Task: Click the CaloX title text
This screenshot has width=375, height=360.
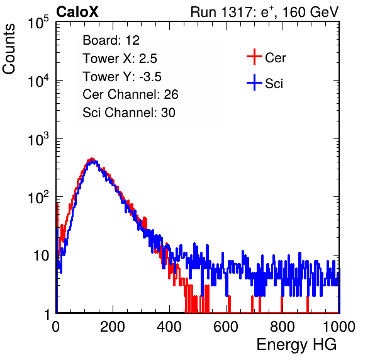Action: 77,12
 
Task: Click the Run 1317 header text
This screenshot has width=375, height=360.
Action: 264,12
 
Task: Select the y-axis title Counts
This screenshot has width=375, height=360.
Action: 9,49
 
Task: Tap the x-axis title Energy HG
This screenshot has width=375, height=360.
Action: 296,345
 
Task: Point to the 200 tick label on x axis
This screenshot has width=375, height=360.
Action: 113,327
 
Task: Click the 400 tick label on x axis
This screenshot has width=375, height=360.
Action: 169,327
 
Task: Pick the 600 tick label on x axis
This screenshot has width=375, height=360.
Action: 226,327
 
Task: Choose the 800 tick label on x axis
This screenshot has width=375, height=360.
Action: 283,327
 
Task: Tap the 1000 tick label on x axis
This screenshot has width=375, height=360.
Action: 339,327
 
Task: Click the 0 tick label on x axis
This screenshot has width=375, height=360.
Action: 56,327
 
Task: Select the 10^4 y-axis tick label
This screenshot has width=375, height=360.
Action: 38,81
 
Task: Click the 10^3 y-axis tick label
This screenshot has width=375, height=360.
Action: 38,139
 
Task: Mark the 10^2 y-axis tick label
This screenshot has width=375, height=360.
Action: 38,198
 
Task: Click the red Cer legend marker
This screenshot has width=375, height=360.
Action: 254,57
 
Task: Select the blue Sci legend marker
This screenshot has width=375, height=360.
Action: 254,83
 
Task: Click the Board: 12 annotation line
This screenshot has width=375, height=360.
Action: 111,40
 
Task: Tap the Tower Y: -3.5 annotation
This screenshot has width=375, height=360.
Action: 122,77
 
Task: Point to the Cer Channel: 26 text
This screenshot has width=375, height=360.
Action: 130,94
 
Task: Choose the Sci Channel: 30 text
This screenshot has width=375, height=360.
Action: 129,113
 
